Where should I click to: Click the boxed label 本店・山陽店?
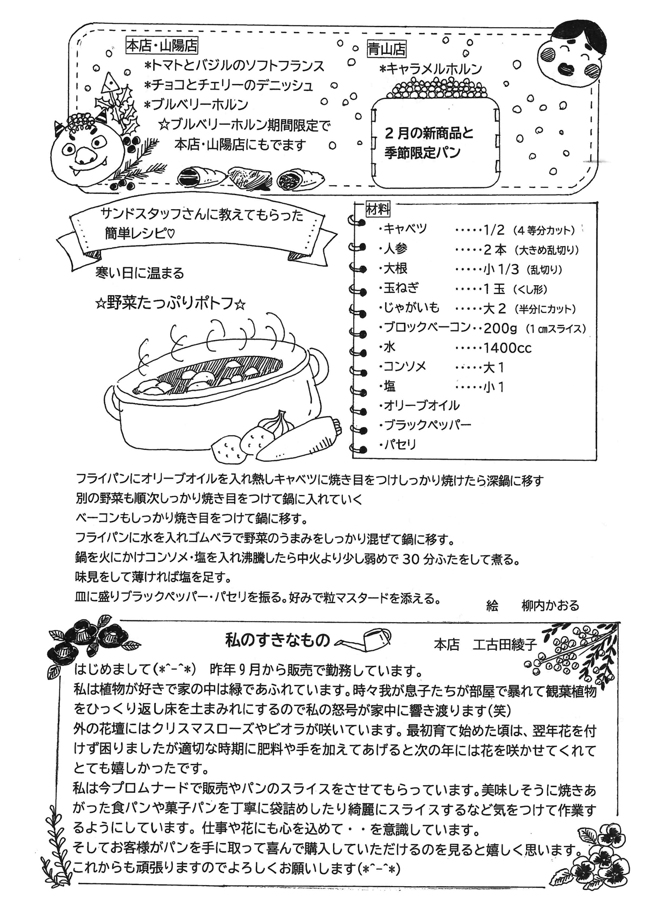[161, 46]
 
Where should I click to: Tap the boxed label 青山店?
[387, 49]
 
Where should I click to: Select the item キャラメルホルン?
[431, 69]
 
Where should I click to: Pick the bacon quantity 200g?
[502, 328]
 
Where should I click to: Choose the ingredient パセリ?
[399, 444]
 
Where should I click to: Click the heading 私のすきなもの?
[278, 641]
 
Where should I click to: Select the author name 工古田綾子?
[505, 644]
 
